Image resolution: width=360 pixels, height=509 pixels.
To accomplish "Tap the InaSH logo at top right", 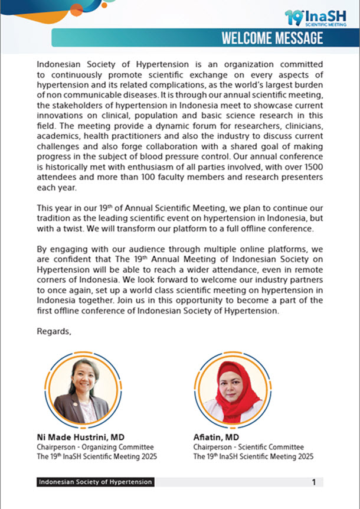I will [312, 18].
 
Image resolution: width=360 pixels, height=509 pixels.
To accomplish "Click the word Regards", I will [54, 331].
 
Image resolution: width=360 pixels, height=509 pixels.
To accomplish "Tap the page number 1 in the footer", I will [313, 482].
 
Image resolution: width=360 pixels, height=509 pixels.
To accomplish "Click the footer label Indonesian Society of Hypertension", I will [94, 482].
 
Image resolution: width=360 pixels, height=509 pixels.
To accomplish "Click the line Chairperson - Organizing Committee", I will [95, 448].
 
